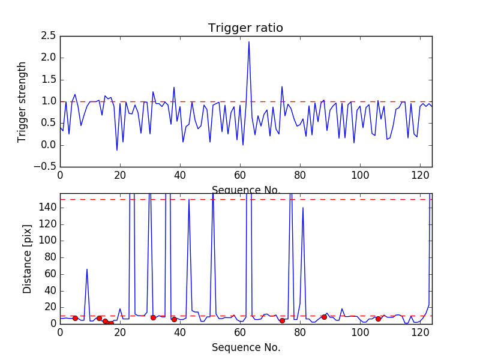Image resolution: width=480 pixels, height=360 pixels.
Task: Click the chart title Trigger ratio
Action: pyautogui.click(x=245, y=28)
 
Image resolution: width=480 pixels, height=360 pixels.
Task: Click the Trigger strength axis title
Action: pyautogui.click(x=22, y=101)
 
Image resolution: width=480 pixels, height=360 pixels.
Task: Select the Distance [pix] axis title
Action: pyautogui.click(x=27, y=259)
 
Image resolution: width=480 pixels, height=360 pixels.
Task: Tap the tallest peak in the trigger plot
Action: pyautogui.click(x=249, y=41)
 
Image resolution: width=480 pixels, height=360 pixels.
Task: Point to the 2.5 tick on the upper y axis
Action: pyautogui.click(x=48, y=36)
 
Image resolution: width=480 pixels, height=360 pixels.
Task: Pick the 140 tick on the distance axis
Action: pyautogui.click(x=48, y=208)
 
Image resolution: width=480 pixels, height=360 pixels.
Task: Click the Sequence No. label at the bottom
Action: pyautogui.click(x=245, y=347)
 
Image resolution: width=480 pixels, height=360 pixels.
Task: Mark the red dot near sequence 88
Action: pyautogui.click(x=324, y=317)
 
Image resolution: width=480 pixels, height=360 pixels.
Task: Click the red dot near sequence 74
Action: pyautogui.click(x=282, y=320)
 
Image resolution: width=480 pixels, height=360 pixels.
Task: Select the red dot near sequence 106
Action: pyautogui.click(x=378, y=319)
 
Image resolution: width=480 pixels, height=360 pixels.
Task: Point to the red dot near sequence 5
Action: pyautogui.click(x=75, y=318)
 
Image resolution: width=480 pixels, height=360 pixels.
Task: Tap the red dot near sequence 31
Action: pyautogui.click(x=153, y=317)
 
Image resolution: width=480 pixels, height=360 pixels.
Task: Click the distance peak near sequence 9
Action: pyautogui.click(x=87, y=269)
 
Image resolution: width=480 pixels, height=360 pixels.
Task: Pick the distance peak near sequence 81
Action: pyautogui.click(x=303, y=208)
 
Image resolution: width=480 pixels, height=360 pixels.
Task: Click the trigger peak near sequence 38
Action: pyautogui.click(x=174, y=87)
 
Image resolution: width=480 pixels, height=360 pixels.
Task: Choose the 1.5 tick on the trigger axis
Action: pyautogui.click(x=48, y=80)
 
